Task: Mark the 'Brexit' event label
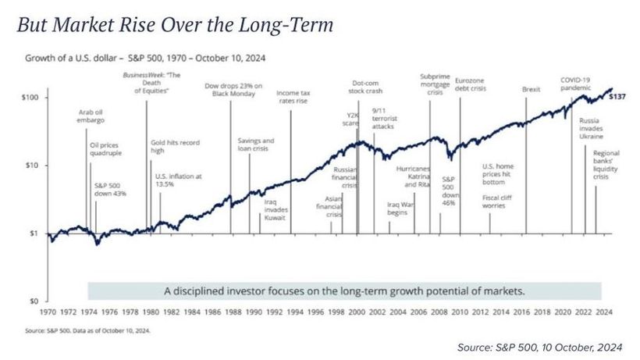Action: click(x=531, y=90)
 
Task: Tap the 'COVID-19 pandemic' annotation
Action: click(x=577, y=84)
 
